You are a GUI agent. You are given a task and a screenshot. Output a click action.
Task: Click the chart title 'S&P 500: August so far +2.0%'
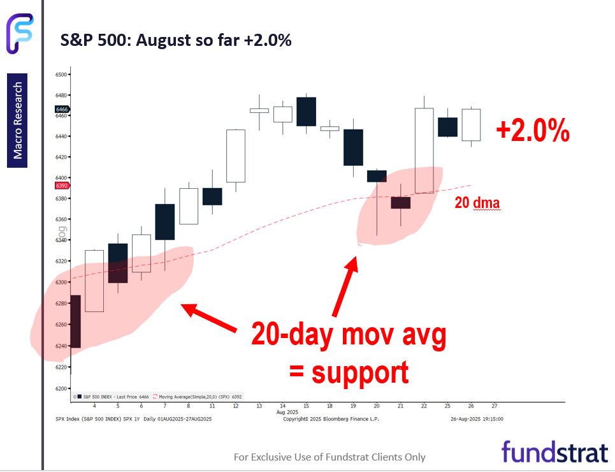coord(175,40)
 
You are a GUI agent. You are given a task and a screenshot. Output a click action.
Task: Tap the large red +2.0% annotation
coord(532,131)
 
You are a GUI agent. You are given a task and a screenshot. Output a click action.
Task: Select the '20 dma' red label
coord(477,203)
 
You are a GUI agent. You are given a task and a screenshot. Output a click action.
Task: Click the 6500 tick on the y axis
coord(61,75)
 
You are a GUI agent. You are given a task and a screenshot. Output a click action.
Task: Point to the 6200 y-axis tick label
coord(61,388)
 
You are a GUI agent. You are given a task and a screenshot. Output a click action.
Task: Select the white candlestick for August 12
coord(235,156)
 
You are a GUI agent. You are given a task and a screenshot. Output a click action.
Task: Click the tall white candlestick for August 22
coord(424,151)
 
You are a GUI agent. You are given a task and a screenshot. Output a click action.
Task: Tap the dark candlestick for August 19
coord(353,147)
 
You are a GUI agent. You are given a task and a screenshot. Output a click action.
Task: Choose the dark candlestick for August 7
coord(165,221)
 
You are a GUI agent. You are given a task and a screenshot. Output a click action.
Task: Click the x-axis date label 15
coord(306,406)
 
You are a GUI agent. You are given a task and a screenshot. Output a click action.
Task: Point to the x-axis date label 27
coord(494,406)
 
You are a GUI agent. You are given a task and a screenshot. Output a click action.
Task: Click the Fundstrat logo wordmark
coord(554,452)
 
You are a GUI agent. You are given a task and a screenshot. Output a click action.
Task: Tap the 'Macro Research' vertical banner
coord(18,121)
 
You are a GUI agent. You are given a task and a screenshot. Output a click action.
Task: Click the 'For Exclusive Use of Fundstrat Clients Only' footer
coord(329,457)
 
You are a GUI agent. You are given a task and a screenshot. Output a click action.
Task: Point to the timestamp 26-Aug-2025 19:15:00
coord(476,418)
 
